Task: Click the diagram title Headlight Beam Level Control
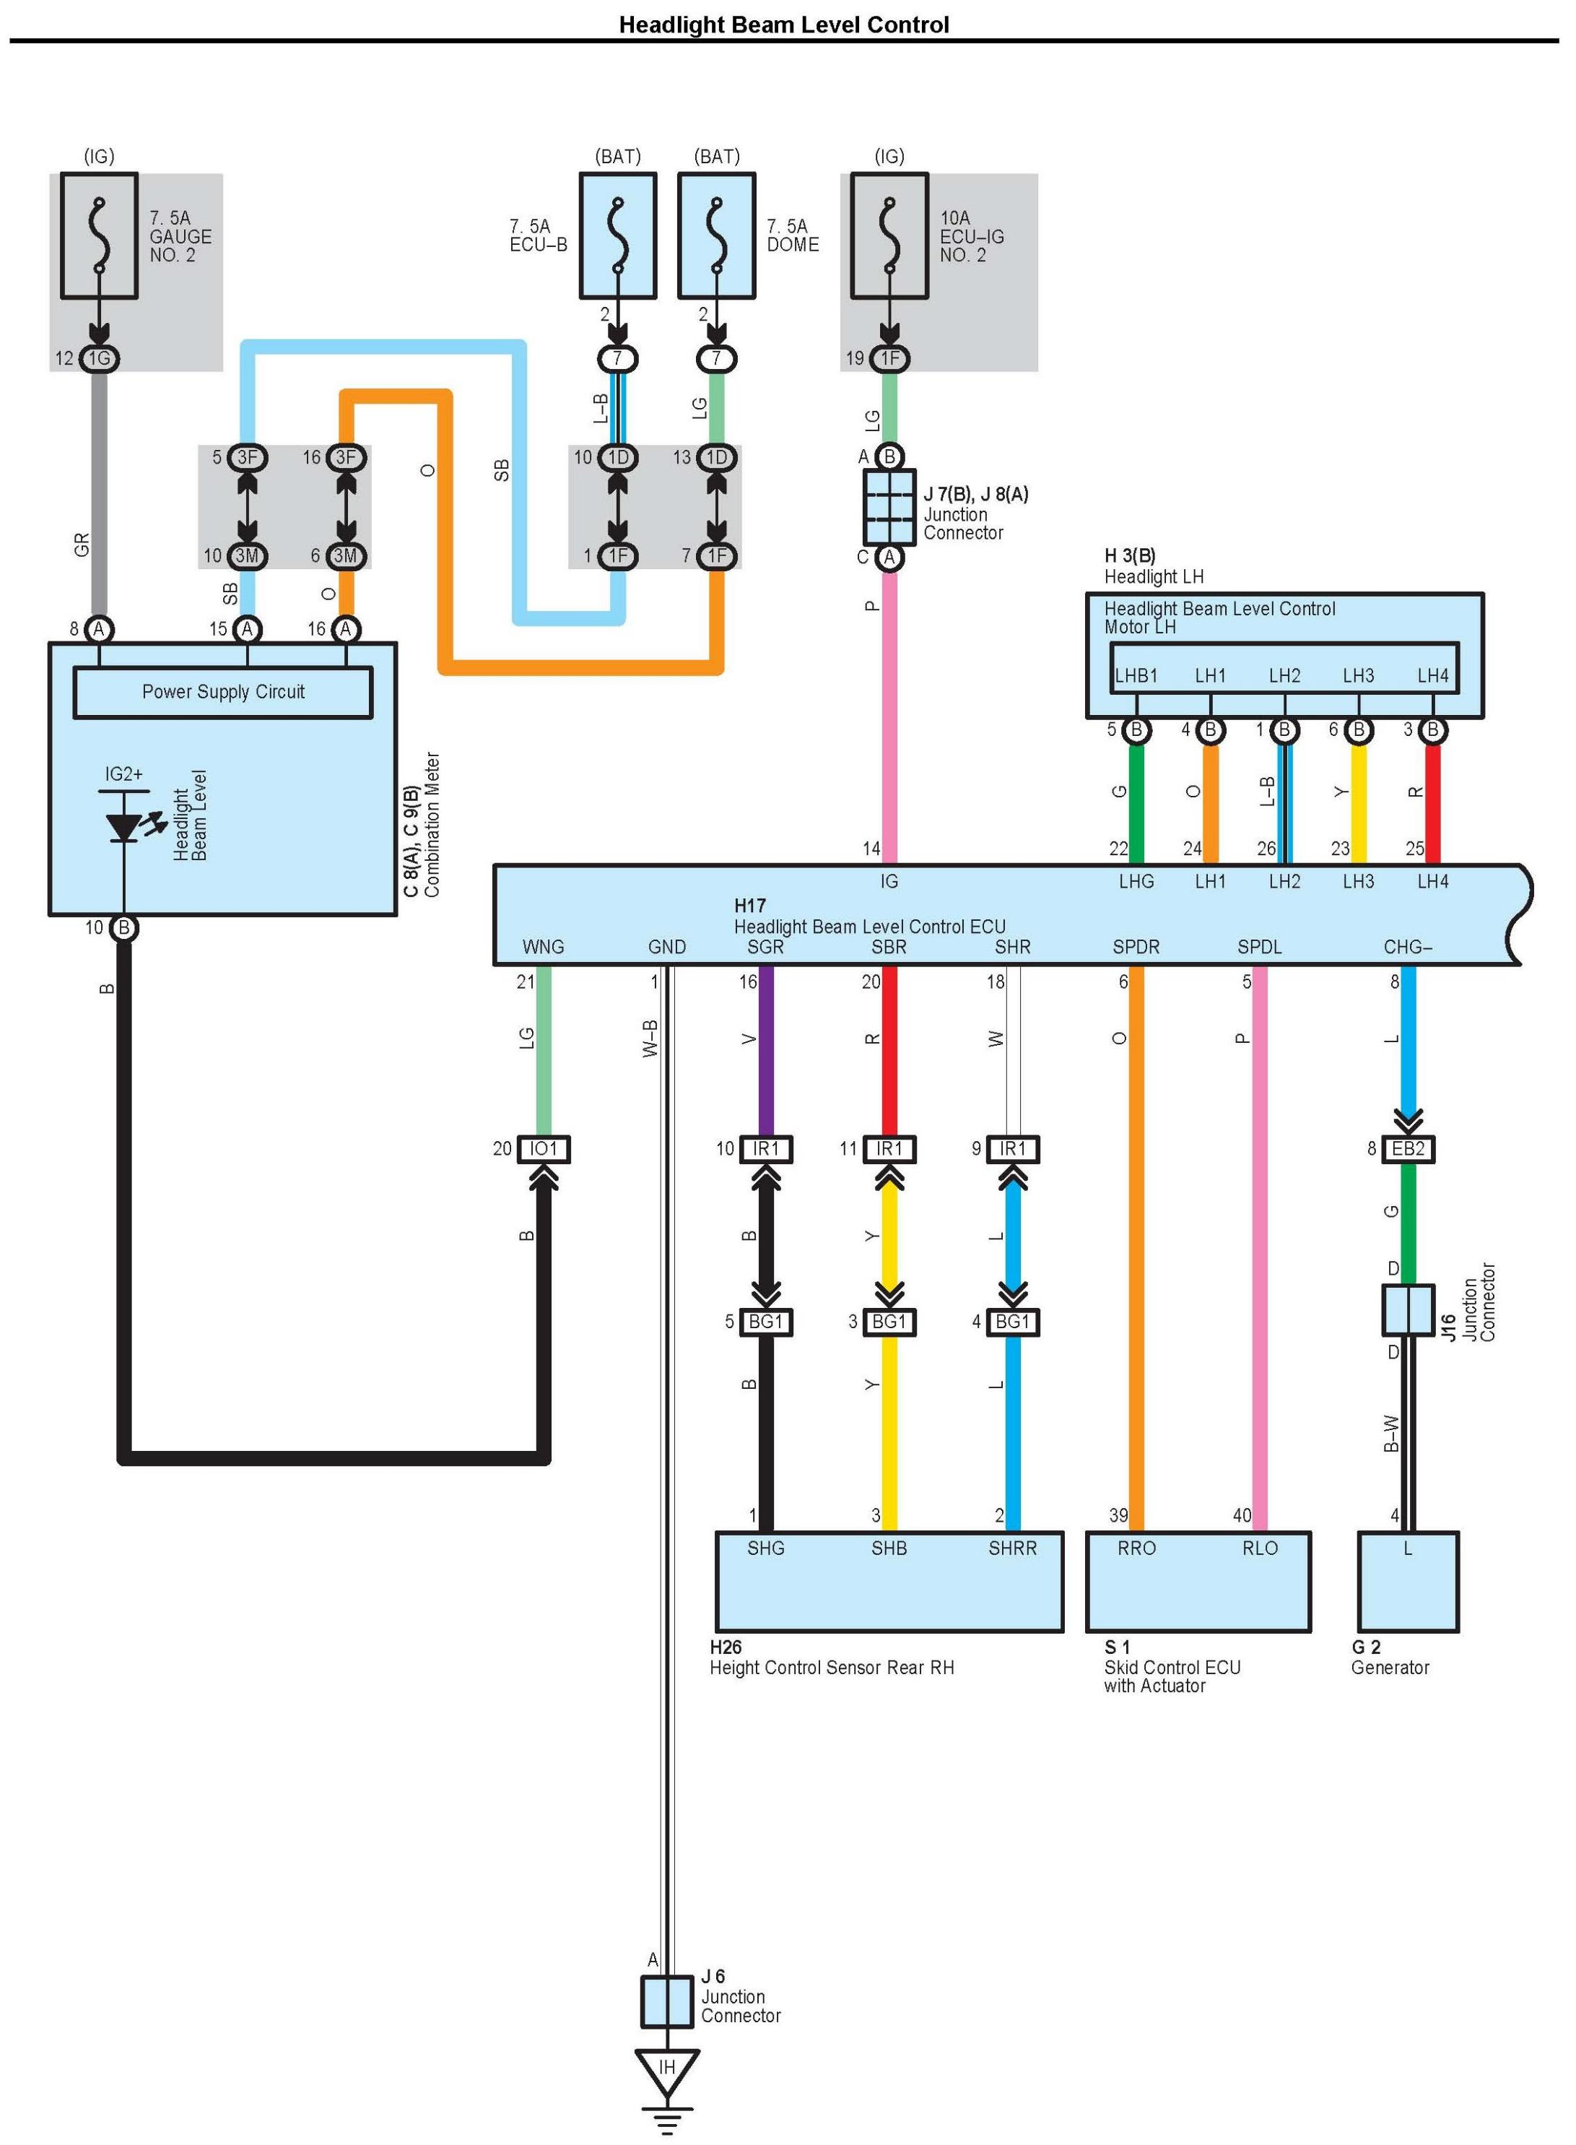pos(783,25)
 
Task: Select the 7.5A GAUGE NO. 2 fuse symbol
pos(99,235)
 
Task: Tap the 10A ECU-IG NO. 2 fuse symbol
pos(889,235)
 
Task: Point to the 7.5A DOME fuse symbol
pos(716,235)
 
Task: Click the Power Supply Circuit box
pos(222,693)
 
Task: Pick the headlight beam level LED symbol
pos(125,826)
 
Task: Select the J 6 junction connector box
pos(667,2001)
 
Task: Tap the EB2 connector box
pos(1408,1149)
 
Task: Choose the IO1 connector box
pos(543,1149)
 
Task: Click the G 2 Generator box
pos(1408,1581)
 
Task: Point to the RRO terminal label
pos(1136,1548)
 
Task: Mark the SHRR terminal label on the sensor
pos(1012,1548)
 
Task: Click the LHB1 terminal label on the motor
pos(1136,675)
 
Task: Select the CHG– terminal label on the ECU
pos(1408,947)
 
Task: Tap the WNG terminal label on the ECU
pos(543,947)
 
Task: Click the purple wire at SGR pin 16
pos(765,1049)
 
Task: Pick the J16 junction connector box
pos(1408,1310)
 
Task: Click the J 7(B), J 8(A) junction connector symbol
pos(889,507)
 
